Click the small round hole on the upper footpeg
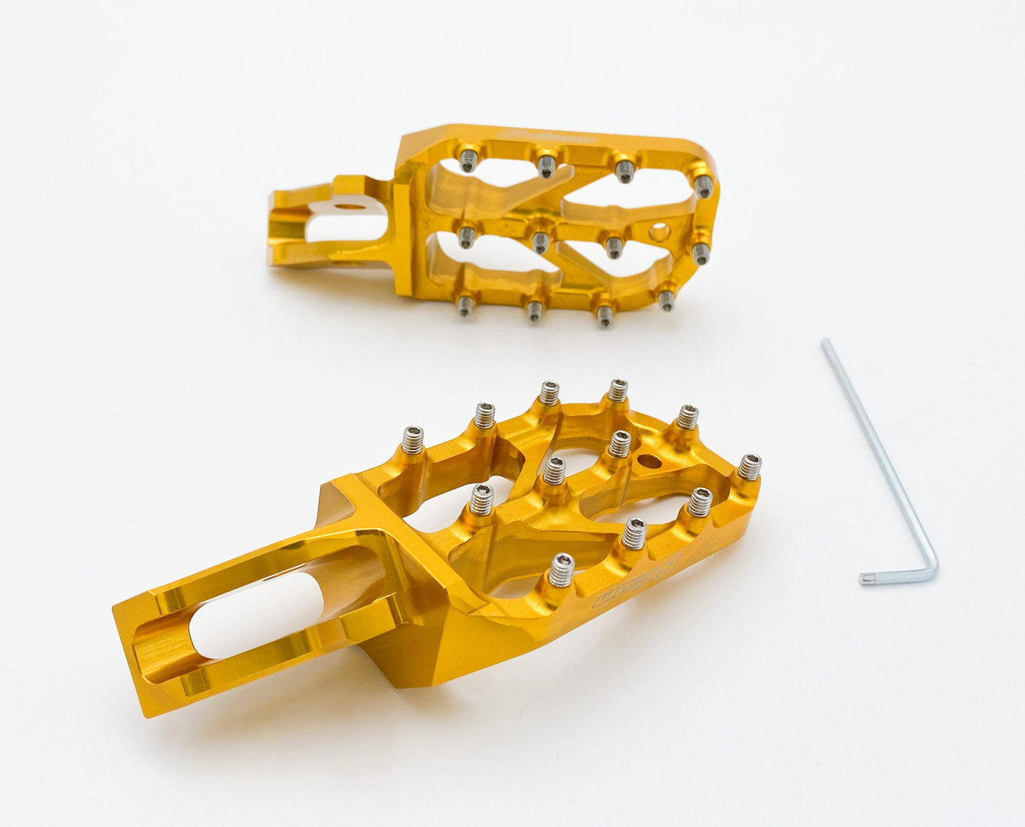[660, 232]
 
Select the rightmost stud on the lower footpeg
[749, 468]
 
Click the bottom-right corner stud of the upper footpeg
[665, 300]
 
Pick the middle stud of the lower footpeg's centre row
[554, 471]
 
